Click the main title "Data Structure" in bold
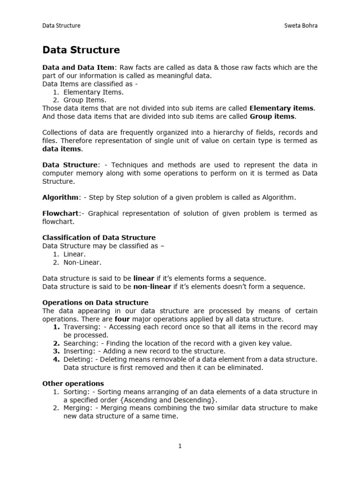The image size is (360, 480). (x=81, y=50)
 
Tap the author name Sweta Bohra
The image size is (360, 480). (x=300, y=25)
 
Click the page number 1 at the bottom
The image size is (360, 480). (x=180, y=446)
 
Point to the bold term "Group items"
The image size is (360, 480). (x=272, y=116)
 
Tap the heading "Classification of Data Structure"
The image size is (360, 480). (x=99, y=238)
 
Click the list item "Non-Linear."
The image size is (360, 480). (x=82, y=262)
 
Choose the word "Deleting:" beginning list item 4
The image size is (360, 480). (x=78, y=360)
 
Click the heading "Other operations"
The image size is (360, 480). (x=73, y=383)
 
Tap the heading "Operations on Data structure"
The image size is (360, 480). (x=95, y=302)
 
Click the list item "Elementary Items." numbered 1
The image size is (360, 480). (x=87, y=92)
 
